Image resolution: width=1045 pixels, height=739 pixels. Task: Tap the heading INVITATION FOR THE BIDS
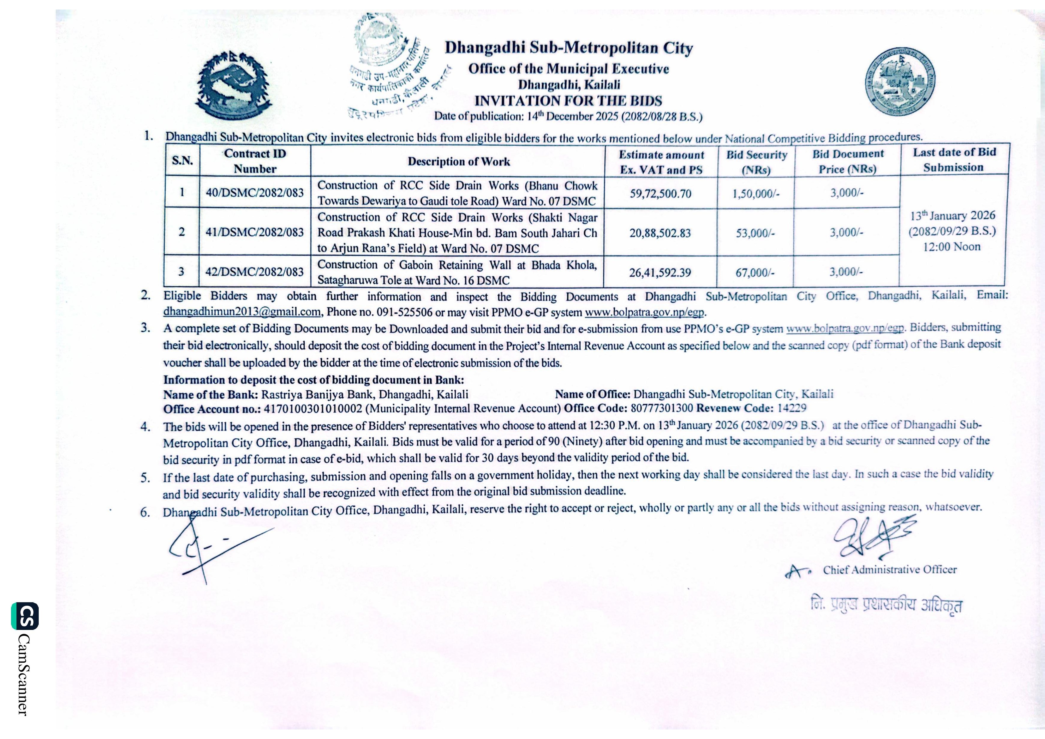click(568, 101)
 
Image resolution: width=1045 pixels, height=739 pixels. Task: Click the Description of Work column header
click(459, 162)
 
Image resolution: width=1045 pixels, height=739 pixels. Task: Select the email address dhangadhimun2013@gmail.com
click(242, 312)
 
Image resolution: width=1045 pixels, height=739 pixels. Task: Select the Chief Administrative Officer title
click(890, 570)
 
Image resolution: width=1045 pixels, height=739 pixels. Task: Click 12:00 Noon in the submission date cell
click(952, 247)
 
